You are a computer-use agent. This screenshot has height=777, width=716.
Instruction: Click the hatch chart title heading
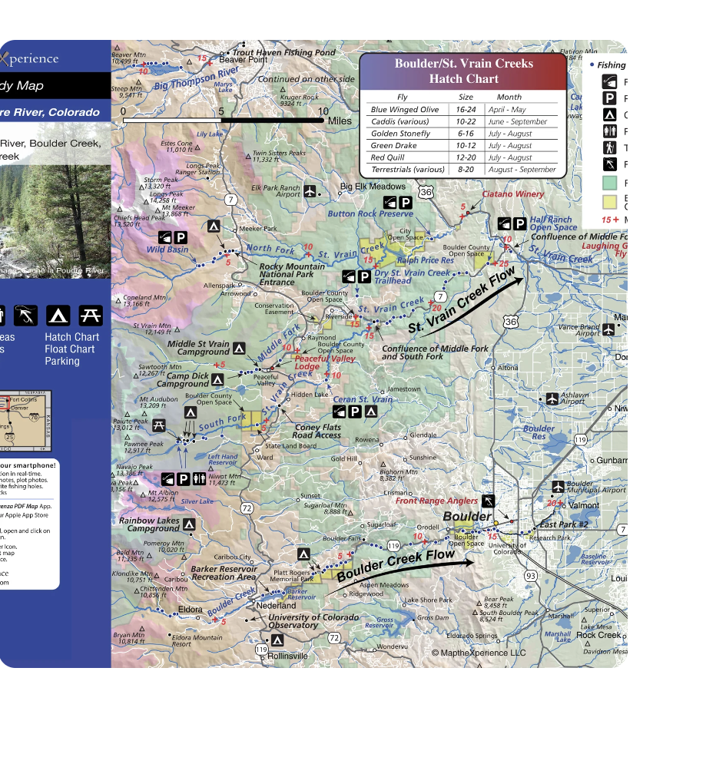pyautogui.click(x=463, y=71)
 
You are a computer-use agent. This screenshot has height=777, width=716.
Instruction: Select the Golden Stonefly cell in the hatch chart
pyautogui.click(x=400, y=134)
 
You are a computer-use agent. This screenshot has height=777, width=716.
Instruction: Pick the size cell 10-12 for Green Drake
pyautogui.click(x=466, y=145)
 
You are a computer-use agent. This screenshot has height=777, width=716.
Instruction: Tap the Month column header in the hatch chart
pyautogui.click(x=509, y=98)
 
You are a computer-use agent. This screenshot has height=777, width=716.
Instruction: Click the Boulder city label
pyautogui.click(x=466, y=517)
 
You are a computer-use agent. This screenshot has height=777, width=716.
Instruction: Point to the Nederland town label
pyautogui.click(x=276, y=605)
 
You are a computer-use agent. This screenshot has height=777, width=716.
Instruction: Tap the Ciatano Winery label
pyautogui.click(x=512, y=194)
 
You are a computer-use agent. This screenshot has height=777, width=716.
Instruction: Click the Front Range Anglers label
pyautogui.click(x=436, y=501)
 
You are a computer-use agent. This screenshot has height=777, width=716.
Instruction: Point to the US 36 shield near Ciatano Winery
pyautogui.click(x=426, y=192)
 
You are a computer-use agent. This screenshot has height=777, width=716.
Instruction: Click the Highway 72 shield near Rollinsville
pyautogui.click(x=333, y=637)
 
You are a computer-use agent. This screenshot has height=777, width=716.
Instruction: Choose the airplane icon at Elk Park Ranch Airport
pyautogui.click(x=310, y=190)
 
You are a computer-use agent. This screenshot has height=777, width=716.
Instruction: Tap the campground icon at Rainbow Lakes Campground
pyautogui.click(x=189, y=524)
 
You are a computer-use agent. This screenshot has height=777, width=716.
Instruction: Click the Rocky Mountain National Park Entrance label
pyautogui.click(x=286, y=274)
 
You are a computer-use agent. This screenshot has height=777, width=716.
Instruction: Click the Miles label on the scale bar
pyautogui.click(x=339, y=121)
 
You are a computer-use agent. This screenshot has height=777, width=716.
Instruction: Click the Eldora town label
pyautogui.click(x=190, y=610)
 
